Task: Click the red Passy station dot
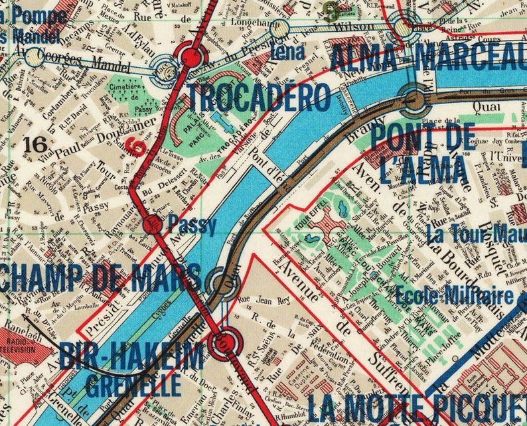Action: click(x=152, y=224)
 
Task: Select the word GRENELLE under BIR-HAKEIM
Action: click(x=133, y=383)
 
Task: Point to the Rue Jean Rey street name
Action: click(x=265, y=299)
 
